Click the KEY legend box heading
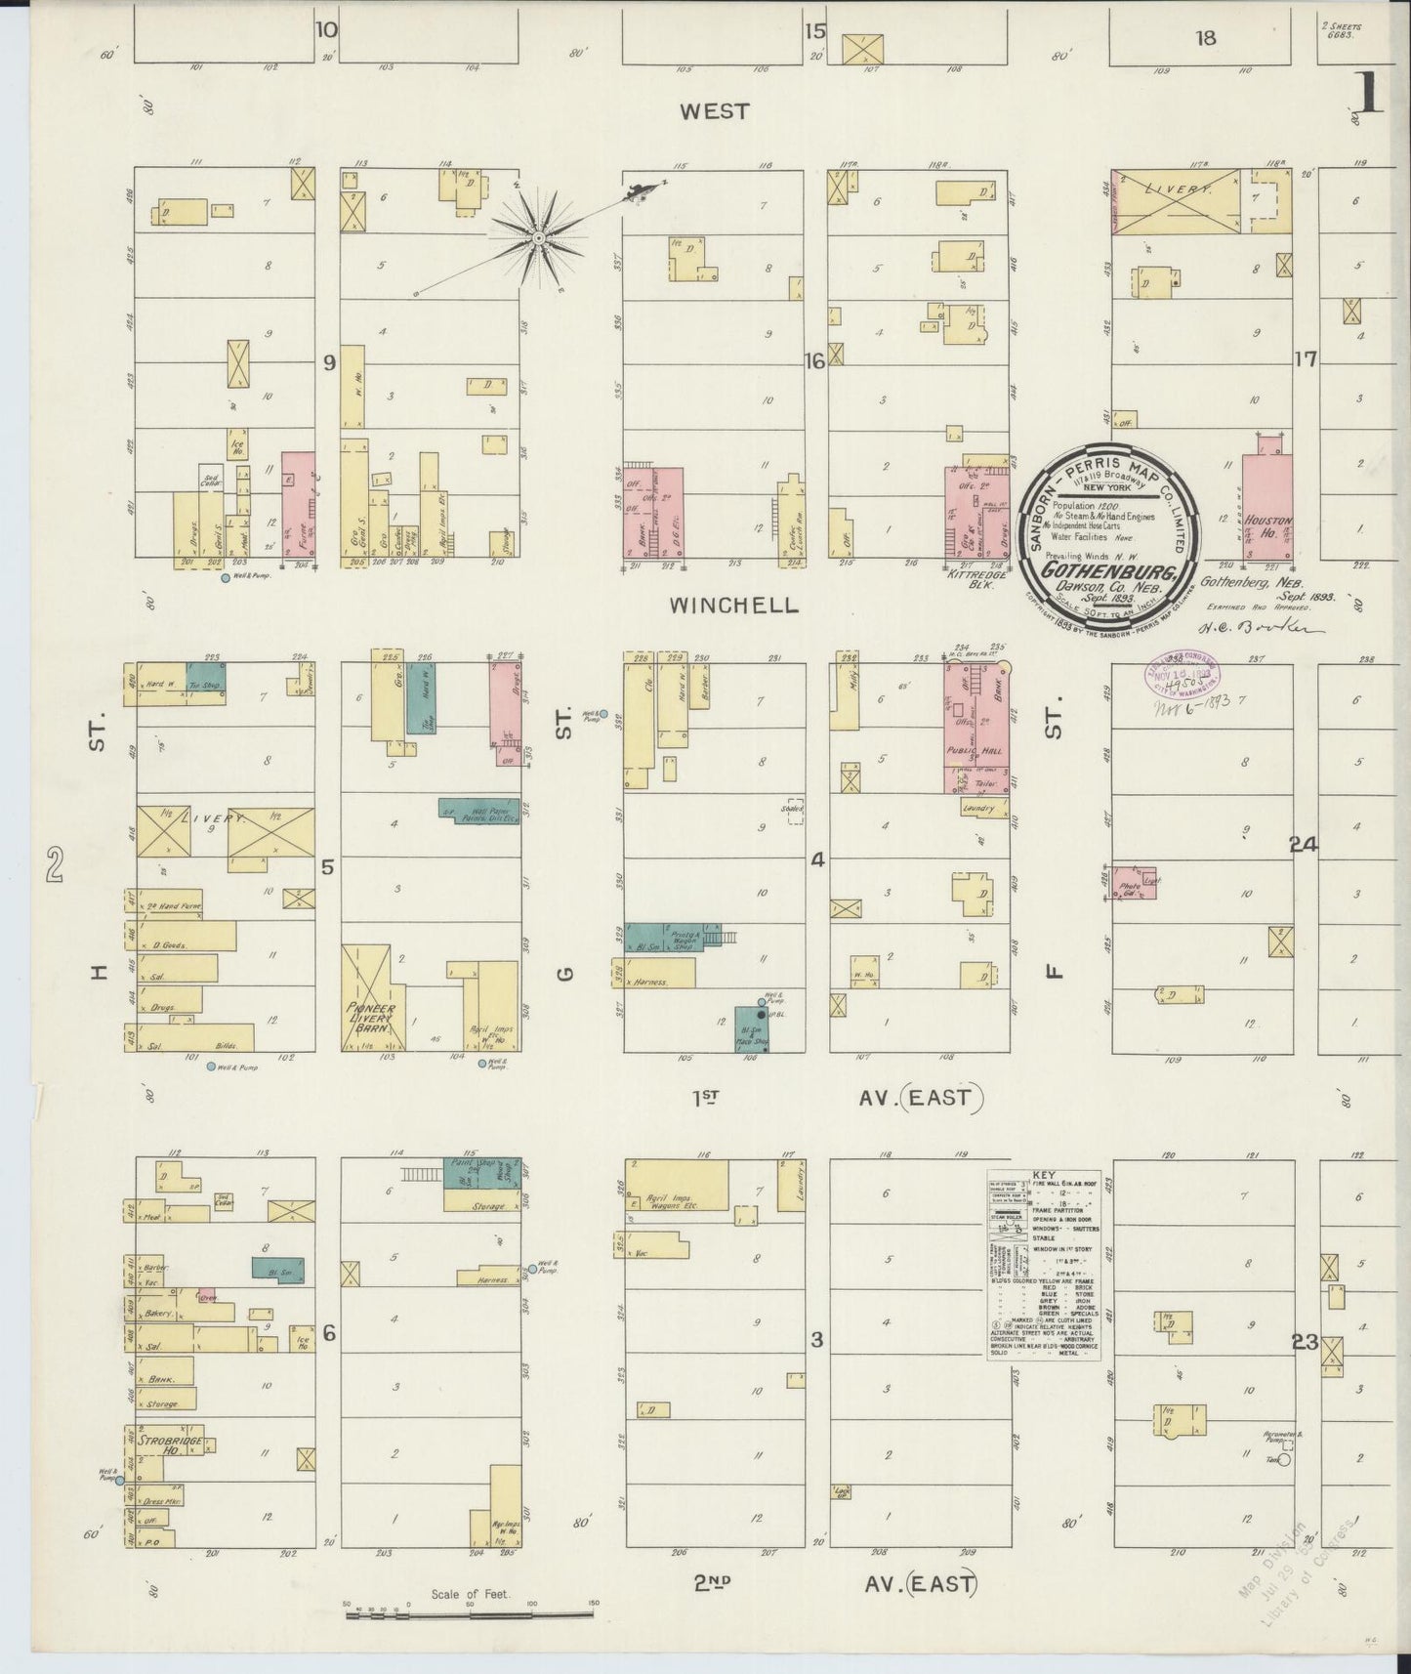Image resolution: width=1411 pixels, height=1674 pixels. click(1043, 1177)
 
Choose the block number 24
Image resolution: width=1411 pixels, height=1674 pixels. click(1303, 845)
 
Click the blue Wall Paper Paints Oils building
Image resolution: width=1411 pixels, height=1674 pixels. click(479, 813)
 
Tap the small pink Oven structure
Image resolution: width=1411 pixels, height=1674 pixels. click(206, 1295)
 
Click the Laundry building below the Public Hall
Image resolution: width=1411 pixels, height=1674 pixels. click(979, 810)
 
